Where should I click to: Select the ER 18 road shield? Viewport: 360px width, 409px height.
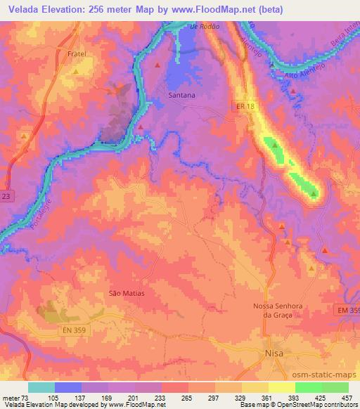(243, 104)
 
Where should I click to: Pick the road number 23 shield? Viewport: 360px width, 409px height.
(6, 198)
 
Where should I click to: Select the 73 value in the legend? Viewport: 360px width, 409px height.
(21, 398)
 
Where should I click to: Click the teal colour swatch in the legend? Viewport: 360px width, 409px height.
(41, 387)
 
